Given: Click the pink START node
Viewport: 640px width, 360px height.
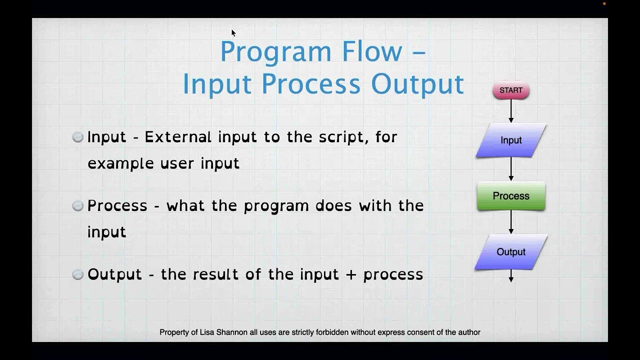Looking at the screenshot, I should coord(511,90).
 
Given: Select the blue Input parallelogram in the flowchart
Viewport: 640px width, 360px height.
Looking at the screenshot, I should coord(511,140).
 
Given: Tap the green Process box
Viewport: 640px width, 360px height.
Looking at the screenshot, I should coord(511,196).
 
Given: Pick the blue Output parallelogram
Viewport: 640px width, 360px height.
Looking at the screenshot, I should coord(511,252).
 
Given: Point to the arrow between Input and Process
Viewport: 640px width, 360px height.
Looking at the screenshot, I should coord(511,169).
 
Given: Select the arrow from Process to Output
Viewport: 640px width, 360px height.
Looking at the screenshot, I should coord(511,222).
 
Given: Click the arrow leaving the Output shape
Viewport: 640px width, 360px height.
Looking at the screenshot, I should coord(511,276).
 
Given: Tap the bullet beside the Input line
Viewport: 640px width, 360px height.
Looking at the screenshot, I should coord(77,137).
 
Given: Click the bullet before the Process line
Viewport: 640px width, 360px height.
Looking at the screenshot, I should coord(77,205).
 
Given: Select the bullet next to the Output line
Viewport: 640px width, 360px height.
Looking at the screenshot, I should coord(77,274).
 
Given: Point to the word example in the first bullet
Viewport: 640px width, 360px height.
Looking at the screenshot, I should coord(120,164).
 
